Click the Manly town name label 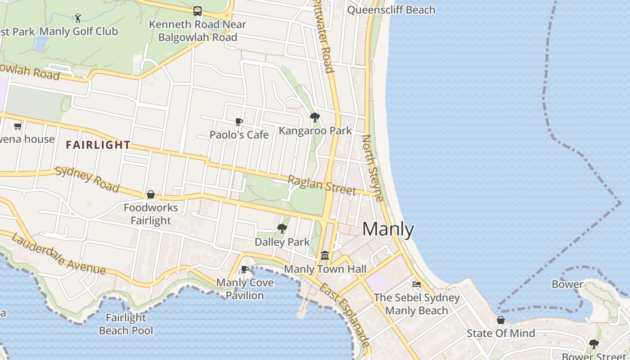pyautogui.click(x=388, y=229)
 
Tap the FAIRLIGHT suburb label pyautogui.click(x=98, y=145)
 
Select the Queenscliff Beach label pyautogui.click(x=391, y=10)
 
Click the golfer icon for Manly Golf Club pyautogui.click(x=78, y=18)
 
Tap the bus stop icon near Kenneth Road pyautogui.click(x=197, y=11)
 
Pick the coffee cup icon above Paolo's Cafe pyautogui.click(x=239, y=121)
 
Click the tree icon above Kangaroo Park pyautogui.click(x=315, y=117)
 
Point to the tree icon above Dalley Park pyautogui.click(x=282, y=229)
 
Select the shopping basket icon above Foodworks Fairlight pyautogui.click(x=151, y=194)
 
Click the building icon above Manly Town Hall pyautogui.click(x=325, y=256)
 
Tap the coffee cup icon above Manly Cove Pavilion pyautogui.click(x=245, y=269)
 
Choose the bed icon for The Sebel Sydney pyautogui.click(x=417, y=284)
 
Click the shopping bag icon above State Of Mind pyautogui.click(x=500, y=320)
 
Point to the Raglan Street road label pyautogui.click(x=322, y=185)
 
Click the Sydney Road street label pyautogui.click(x=87, y=179)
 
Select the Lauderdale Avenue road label pyautogui.click(x=58, y=254)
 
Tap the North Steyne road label pyautogui.click(x=373, y=168)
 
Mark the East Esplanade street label pyautogui.click(x=345, y=315)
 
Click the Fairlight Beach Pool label pyautogui.click(x=126, y=324)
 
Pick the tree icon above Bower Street pyautogui.click(x=594, y=344)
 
